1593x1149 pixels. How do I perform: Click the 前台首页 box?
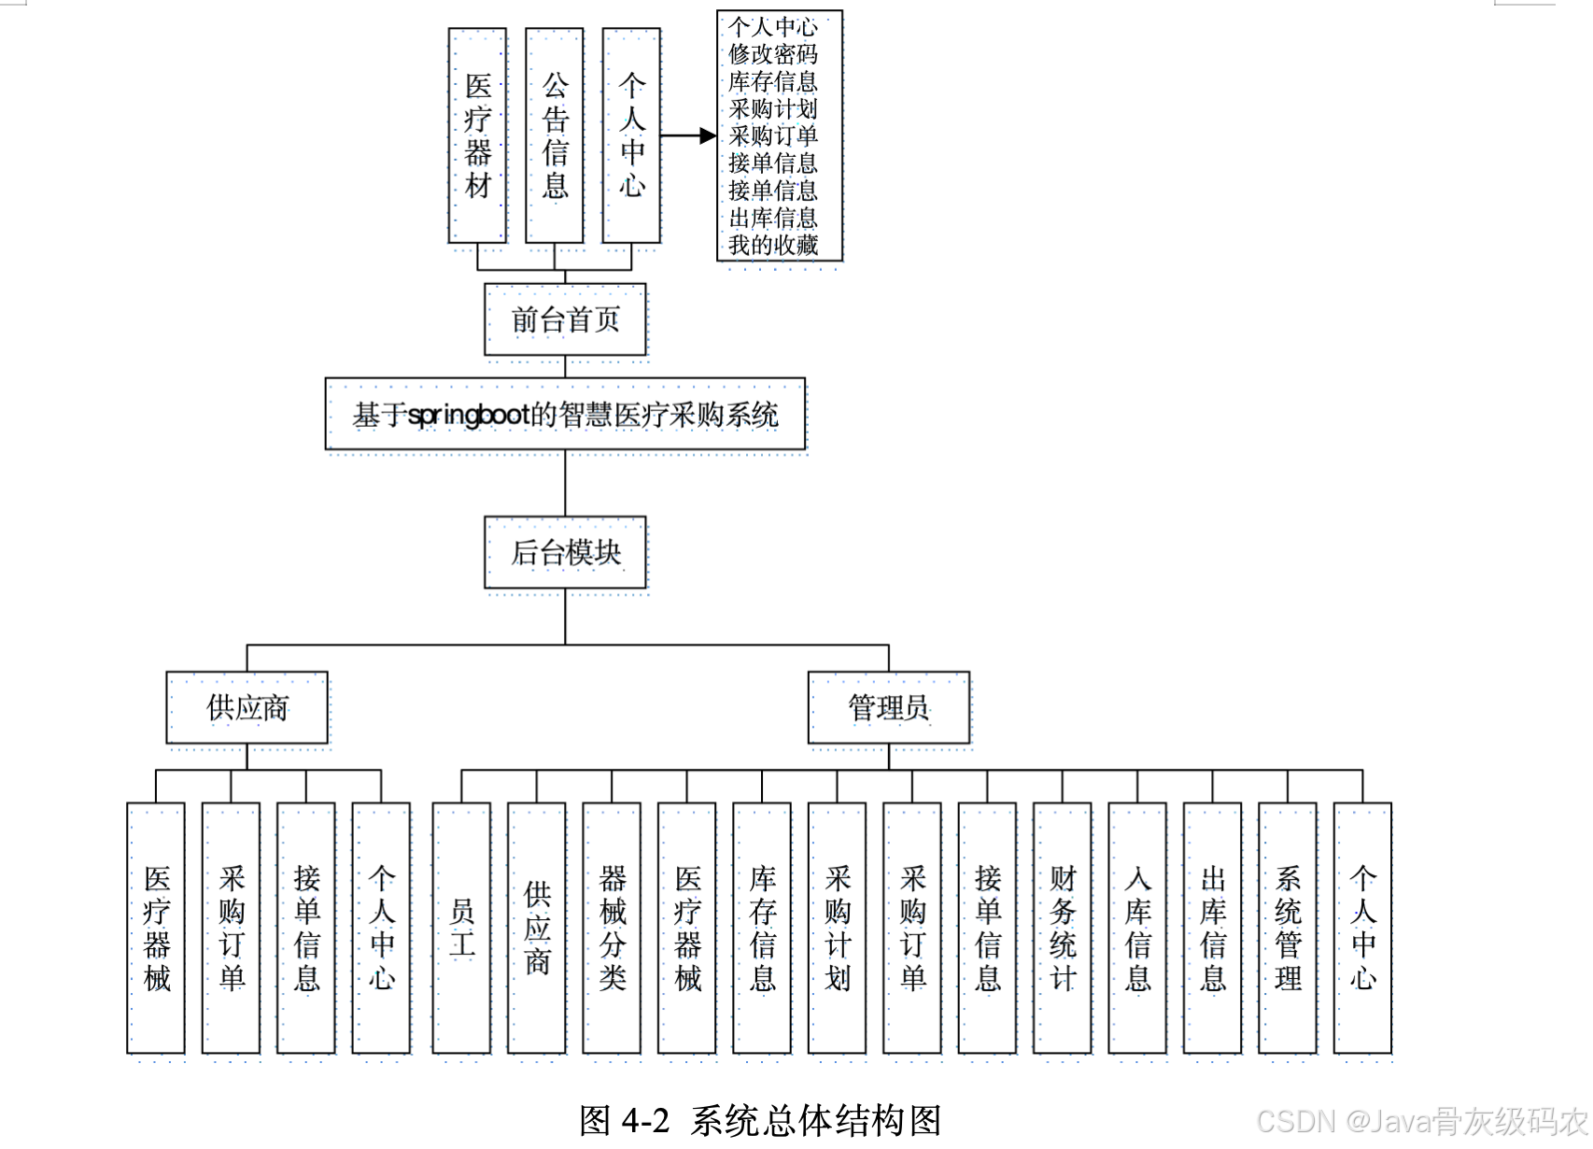pyautogui.click(x=565, y=319)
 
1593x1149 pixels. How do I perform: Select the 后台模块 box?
pyautogui.click(x=565, y=552)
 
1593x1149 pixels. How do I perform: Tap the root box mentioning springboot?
pyautogui.click(x=565, y=414)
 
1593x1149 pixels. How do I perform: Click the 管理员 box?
pyautogui.click(x=888, y=707)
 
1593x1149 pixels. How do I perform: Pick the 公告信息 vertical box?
pyautogui.click(x=555, y=135)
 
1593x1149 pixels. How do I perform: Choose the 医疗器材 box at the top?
pyautogui.click(x=477, y=135)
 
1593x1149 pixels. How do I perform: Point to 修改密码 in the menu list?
pyautogui.click(x=773, y=54)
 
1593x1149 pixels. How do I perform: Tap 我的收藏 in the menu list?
pyautogui.click(x=773, y=245)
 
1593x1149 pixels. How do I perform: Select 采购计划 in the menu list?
pyautogui.click(x=773, y=108)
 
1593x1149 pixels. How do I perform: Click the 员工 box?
pyautogui.click(x=461, y=928)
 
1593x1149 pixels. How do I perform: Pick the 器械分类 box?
pyautogui.click(x=612, y=928)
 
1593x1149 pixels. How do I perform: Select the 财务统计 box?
pyautogui.click(x=1063, y=928)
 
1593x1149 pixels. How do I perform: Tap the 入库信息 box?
pyautogui.click(x=1137, y=928)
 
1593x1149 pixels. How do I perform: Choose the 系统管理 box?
pyautogui.click(x=1288, y=928)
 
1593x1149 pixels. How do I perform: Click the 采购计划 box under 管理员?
pyautogui.click(x=838, y=928)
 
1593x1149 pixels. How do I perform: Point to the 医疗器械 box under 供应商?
pyautogui.click(x=156, y=928)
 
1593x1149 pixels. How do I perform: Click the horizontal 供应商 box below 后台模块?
pyautogui.click(x=247, y=707)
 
